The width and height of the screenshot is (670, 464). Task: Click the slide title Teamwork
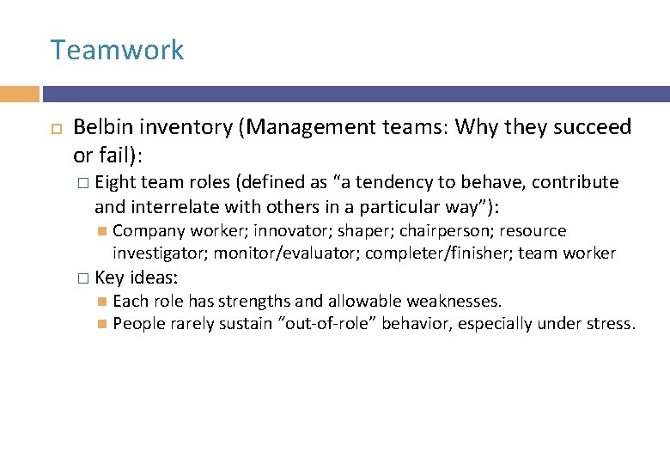117,50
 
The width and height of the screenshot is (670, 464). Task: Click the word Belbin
103,128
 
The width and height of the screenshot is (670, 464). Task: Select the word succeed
589,128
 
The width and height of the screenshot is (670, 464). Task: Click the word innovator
290,231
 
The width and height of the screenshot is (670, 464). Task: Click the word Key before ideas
110,278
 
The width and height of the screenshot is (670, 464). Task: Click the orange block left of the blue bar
20,94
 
